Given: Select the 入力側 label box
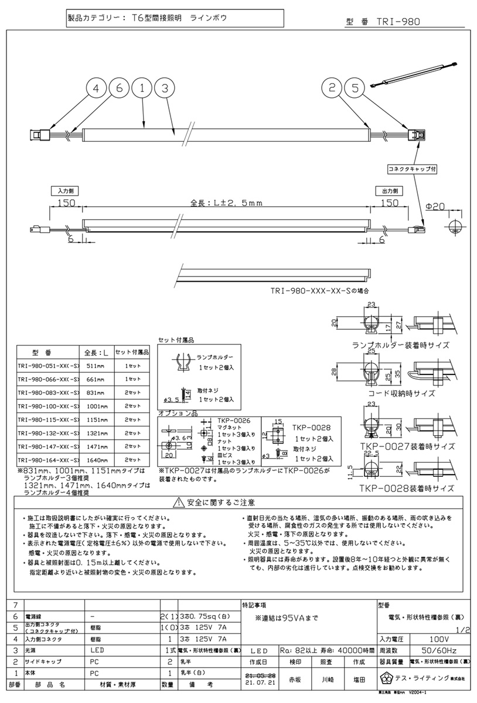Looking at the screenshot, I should [x=64, y=191].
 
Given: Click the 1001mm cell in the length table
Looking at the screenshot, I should [x=96, y=405].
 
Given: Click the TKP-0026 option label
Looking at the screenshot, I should [x=233, y=420].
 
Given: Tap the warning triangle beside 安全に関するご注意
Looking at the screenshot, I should [x=178, y=502].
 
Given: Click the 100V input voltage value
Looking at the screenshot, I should [x=427, y=639].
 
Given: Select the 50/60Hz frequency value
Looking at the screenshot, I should [x=427, y=650].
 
